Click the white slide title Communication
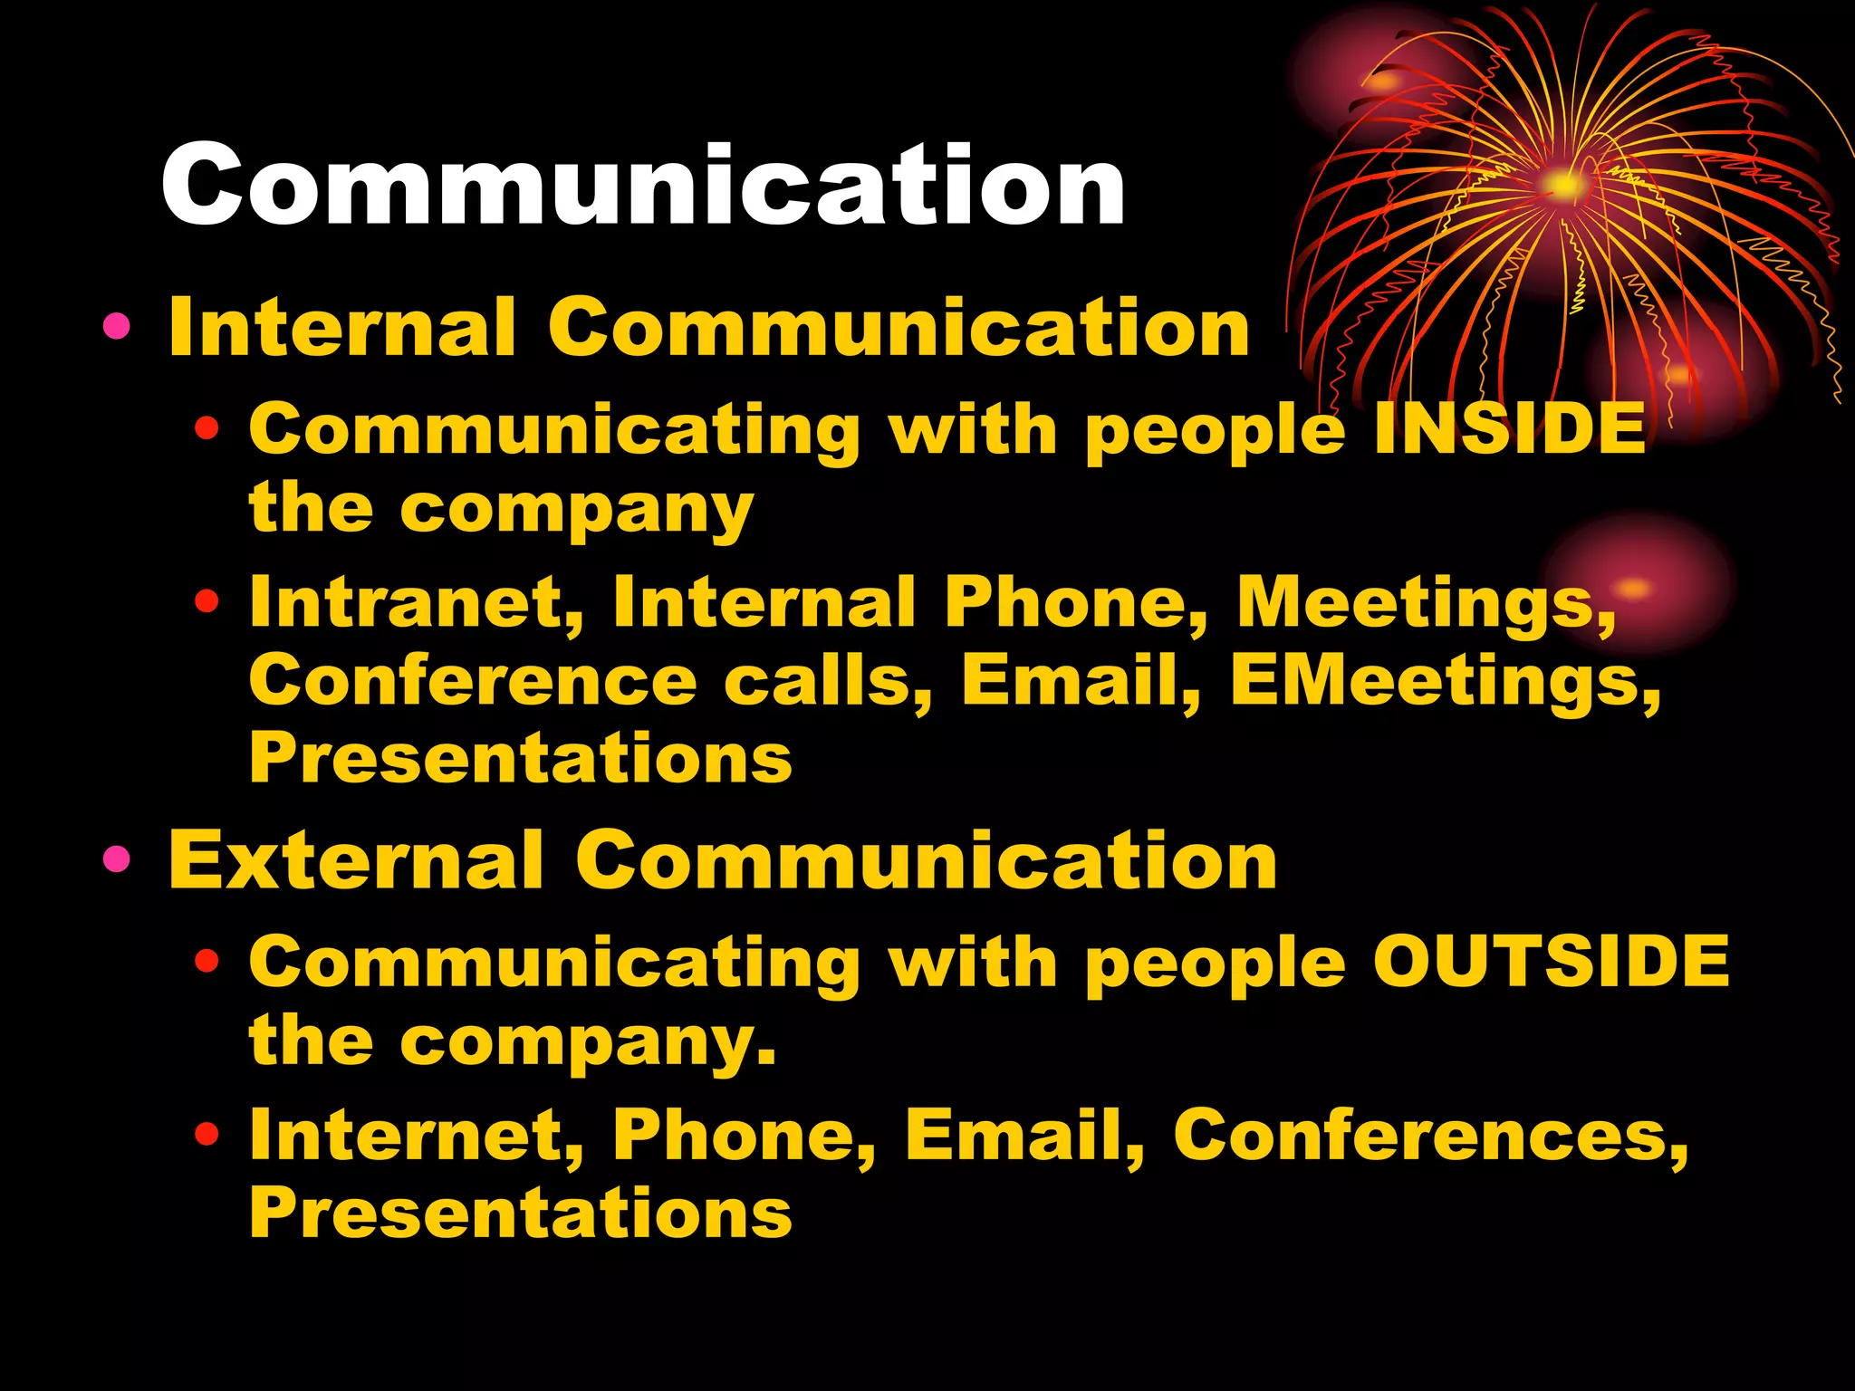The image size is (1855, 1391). tap(643, 186)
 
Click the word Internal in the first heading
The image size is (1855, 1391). tap(342, 327)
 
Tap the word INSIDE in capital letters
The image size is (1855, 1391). tap(1509, 427)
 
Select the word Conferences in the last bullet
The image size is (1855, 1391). tap(1431, 1134)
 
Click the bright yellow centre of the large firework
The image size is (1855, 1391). tap(1563, 186)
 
